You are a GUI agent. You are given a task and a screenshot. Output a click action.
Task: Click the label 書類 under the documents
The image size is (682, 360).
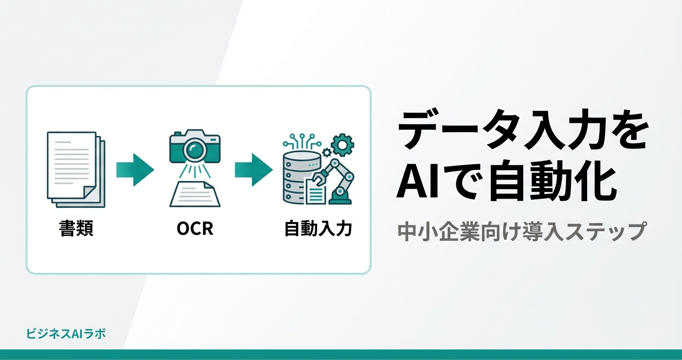pos(76,229)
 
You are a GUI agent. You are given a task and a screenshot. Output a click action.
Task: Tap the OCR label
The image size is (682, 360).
pos(195,229)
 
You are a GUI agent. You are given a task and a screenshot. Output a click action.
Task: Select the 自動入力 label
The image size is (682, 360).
pos(318,229)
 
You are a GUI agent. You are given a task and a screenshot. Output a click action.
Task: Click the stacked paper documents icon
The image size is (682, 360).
pos(76,169)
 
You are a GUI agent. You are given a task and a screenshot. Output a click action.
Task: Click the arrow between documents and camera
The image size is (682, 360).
pos(135,169)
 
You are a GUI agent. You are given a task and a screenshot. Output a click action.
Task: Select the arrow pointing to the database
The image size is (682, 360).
pos(253,169)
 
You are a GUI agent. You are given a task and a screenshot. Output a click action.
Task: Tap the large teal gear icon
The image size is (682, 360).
pos(342,144)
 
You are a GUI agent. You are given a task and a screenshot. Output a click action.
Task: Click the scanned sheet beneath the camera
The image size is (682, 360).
pos(195,194)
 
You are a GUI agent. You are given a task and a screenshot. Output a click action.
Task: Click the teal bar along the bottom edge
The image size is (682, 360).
pos(341,355)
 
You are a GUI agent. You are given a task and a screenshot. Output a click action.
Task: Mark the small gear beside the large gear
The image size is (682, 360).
pos(327,152)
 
